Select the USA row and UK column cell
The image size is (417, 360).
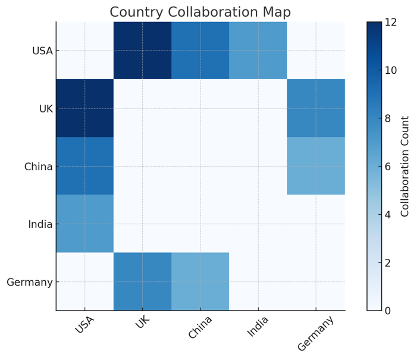pos(142,51)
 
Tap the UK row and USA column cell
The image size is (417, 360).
pos(84,108)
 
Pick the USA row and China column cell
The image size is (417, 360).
pos(200,51)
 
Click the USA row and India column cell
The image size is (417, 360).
pos(258,51)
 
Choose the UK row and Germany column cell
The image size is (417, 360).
pos(316,108)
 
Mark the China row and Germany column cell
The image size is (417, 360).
pos(316,166)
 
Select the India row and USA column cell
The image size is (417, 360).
pos(84,224)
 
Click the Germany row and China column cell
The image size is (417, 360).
pos(200,281)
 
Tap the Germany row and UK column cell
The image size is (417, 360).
pos(142,281)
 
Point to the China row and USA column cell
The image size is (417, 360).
pos(84,166)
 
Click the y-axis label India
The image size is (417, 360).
pos(40,224)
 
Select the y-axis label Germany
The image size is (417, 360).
pos(30,282)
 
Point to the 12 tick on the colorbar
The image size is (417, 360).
pos(391,23)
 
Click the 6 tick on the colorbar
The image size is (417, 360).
pos(388,167)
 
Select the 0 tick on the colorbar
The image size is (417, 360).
pos(388,311)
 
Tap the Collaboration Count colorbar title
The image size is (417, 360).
pos(405,166)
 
